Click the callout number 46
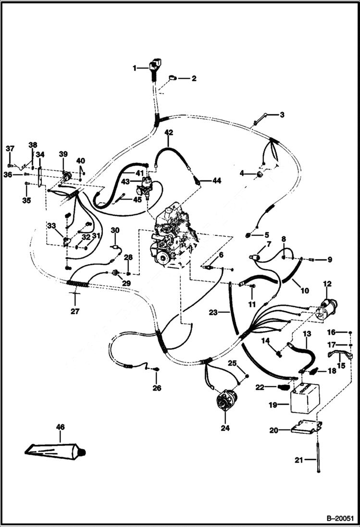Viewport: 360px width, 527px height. coord(60,426)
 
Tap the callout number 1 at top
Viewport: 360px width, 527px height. coord(135,68)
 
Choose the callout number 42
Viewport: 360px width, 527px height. coord(169,132)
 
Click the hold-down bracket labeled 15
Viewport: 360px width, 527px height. coord(341,356)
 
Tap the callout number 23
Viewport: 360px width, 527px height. coord(213,312)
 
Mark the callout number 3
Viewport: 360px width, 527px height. coord(282,115)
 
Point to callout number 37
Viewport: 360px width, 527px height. coord(10,148)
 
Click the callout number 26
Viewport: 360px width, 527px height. coord(157,388)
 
